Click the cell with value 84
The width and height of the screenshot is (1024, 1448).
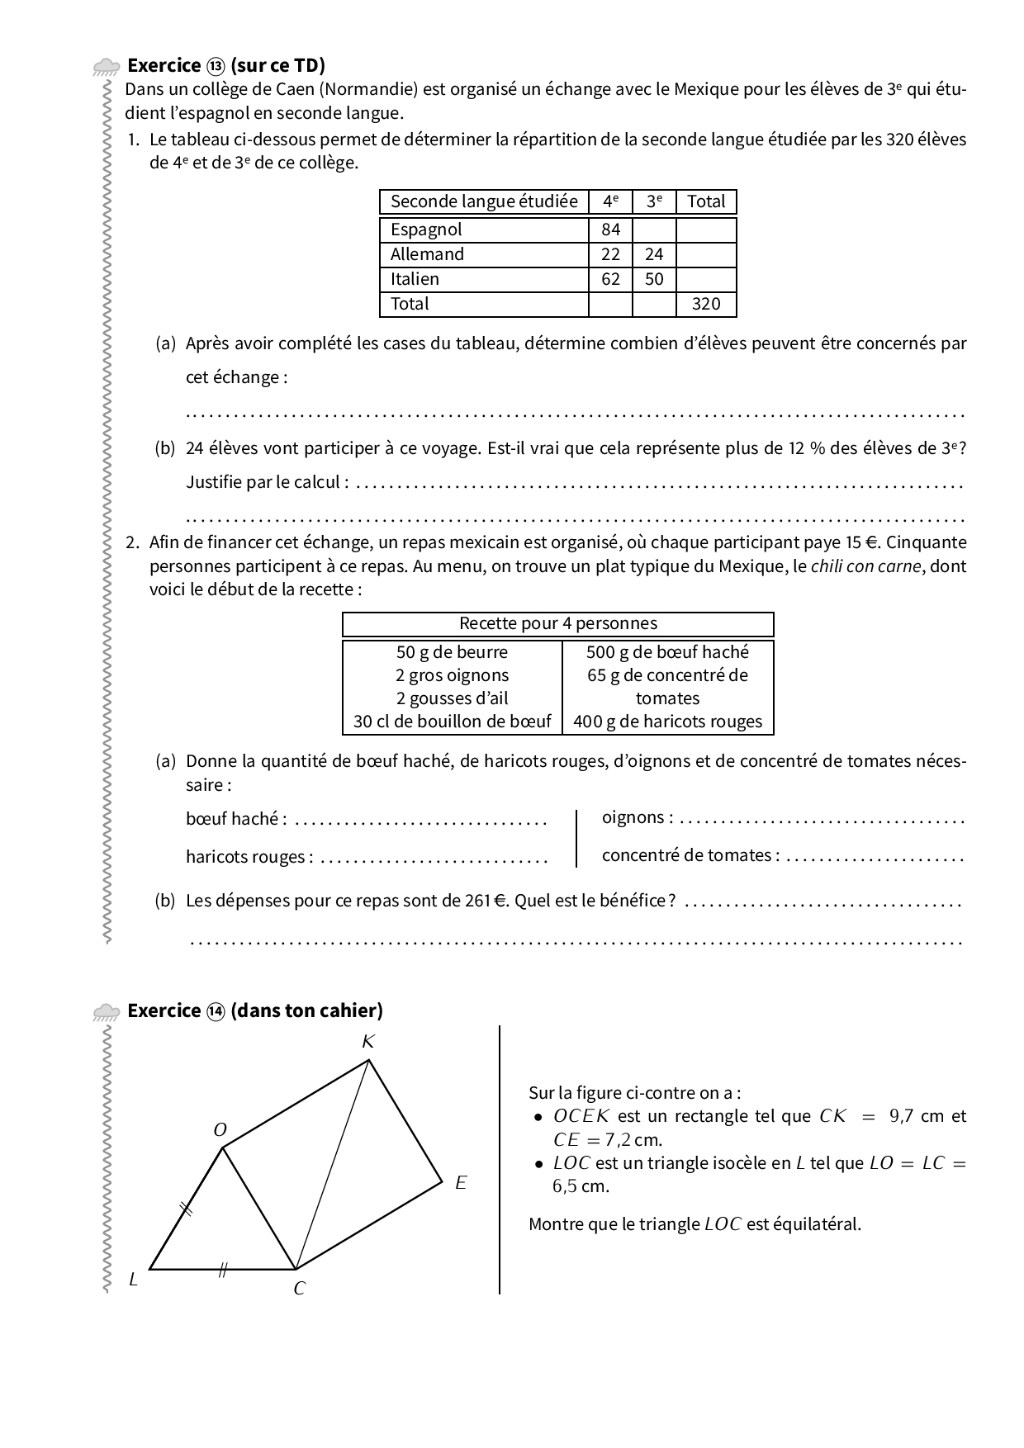tap(610, 230)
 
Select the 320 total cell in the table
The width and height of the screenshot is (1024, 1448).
tap(706, 304)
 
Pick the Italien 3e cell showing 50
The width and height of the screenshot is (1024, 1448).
tap(654, 279)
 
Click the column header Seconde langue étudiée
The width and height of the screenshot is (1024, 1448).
tap(484, 201)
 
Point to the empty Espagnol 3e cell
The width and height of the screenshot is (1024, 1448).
tap(654, 230)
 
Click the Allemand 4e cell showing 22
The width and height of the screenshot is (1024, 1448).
tap(610, 254)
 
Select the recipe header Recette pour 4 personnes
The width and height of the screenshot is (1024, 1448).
tap(558, 623)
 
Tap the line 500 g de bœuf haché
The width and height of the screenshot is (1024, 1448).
tap(667, 651)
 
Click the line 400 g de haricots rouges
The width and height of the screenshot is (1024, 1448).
tap(667, 722)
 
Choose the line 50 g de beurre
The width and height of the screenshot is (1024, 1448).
tap(452, 651)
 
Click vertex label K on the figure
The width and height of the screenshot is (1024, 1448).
tap(368, 1042)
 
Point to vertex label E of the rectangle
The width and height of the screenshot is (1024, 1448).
tap(461, 1183)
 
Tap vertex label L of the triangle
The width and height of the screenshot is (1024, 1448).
tap(133, 1280)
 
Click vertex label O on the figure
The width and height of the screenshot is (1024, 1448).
tap(220, 1130)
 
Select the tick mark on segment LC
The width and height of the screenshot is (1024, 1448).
tap(221, 1271)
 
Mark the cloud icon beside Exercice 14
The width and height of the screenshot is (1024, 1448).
tap(107, 1012)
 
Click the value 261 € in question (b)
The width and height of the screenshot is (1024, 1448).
tap(486, 901)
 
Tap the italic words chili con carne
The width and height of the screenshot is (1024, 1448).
tap(865, 566)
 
